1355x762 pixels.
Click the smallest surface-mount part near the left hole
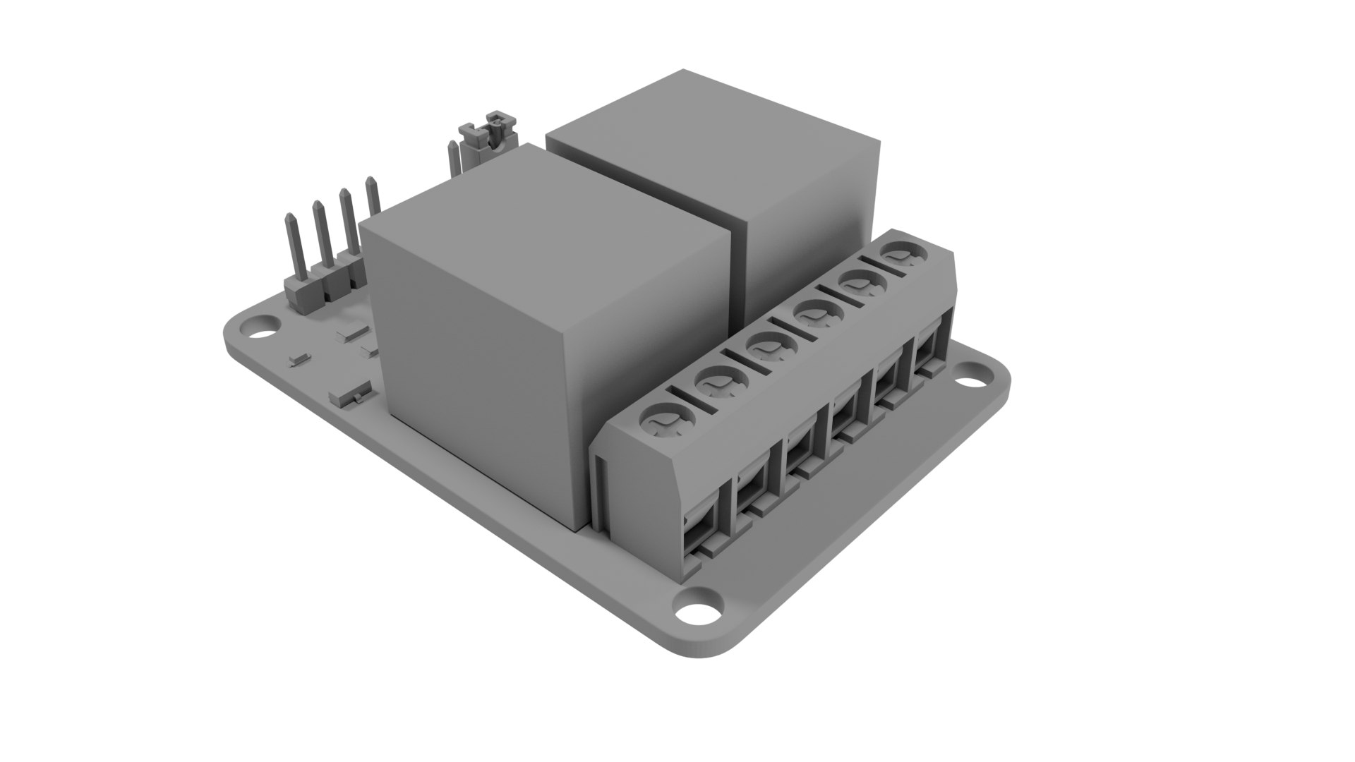(300, 359)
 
